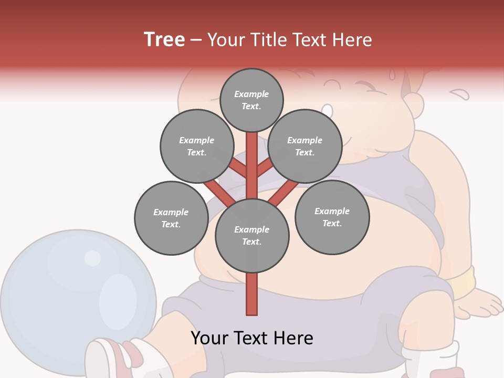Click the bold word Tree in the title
(164, 39)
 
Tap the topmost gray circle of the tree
(251, 100)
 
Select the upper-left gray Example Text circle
(196, 146)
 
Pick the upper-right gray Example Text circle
(304, 146)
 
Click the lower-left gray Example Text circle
(171, 218)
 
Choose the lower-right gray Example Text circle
(332, 217)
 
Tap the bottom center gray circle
(252, 235)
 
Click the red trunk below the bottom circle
(252, 294)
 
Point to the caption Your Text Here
(252, 338)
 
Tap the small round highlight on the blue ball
(92, 258)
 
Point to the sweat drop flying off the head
(460, 94)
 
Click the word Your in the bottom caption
(211, 338)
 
